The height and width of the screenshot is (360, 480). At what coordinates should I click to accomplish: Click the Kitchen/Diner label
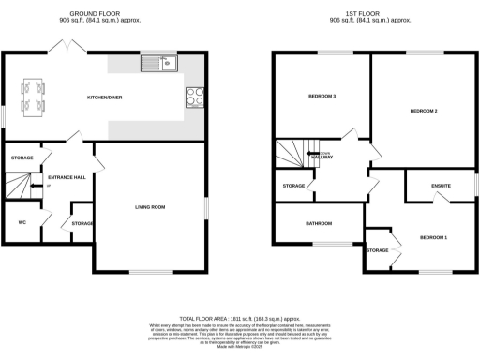pyautogui.click(x=105, y=97)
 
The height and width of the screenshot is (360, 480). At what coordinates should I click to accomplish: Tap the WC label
pyautogui.click(x=22, y=222)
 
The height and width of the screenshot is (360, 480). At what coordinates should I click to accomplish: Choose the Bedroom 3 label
pyautogui.click(x=322, y=97)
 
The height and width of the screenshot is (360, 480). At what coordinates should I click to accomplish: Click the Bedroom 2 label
pyautogui.click(x=424, y=112)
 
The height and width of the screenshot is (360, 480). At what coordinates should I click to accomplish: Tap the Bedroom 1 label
pyautogui.click(x=432, y=236)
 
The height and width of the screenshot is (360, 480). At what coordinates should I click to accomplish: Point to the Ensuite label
pyautogui.click(x=441, y=186)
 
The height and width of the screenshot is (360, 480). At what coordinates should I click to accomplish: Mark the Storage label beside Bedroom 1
pyautogui.click(x=377, y=250)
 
